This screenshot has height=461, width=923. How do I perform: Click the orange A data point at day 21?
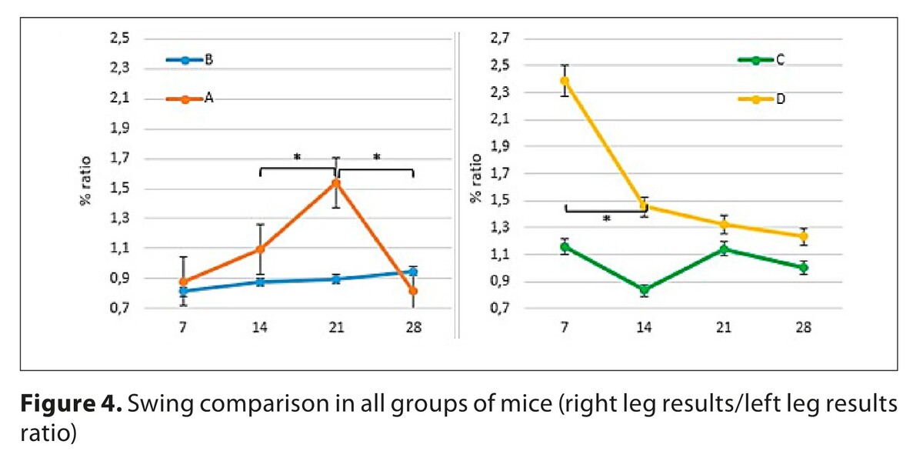click(336, 183)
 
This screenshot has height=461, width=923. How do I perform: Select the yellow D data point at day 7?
click(565, 80)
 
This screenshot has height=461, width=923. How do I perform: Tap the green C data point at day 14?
click(644, 290)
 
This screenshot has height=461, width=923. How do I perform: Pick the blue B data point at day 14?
click(260, 282)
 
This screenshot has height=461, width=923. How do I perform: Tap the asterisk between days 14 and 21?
click(297, 158)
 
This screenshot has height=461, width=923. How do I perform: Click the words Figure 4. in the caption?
click(67, 404)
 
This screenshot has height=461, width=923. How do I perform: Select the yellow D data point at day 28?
click(802, 236)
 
